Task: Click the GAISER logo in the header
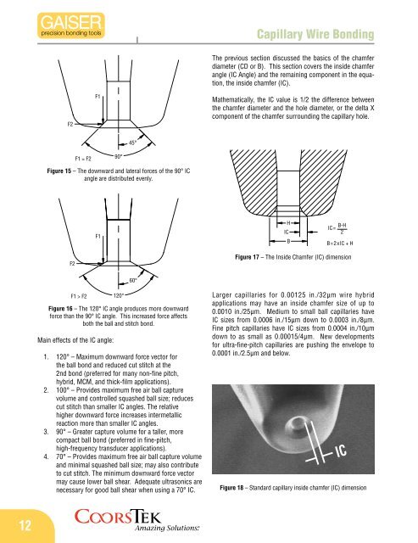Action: [x=71, y=25]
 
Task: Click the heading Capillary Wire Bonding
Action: [x=315, y=34]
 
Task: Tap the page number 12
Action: [x=25, y=525]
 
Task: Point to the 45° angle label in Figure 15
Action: [x=132, y=143]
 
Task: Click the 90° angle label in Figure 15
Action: [x=119, y=156]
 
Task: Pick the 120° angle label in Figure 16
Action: [x=119, y=296]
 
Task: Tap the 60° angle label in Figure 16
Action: [x=133, y=280]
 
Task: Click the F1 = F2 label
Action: [x=83, y=159]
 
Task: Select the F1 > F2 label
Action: [x=79, y=296]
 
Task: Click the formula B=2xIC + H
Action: [x=340, y=244]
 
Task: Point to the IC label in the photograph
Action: [x=341, y=451]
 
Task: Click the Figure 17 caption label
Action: [x=247, y=257]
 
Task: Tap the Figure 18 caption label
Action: [x=231, y=488]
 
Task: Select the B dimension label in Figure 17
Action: [x=288, y=241]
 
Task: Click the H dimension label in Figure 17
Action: [x=288, y=223]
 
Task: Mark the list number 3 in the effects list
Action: [x=46, y=432]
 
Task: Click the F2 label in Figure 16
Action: [x=72, y=264]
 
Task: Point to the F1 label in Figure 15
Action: [x=98, y=96]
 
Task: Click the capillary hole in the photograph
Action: [x=296, y=423]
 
